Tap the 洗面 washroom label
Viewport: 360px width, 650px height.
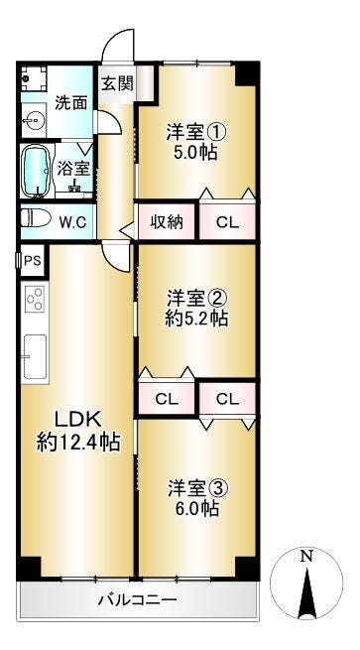pos(71,103)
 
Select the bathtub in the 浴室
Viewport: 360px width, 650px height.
pos(37,171)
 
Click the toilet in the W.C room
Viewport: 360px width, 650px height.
pos(36,218)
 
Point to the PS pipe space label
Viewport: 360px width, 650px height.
pos(33,260)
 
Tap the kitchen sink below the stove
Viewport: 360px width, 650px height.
pos(35,356)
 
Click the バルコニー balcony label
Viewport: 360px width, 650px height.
pos(137,599)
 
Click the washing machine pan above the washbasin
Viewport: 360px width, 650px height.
pos(34,78)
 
